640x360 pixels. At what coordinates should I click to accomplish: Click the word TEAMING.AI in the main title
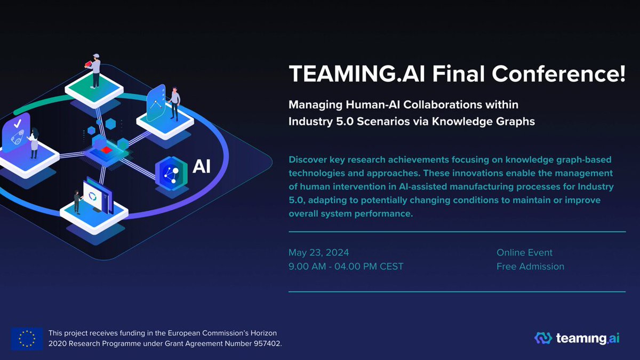349,74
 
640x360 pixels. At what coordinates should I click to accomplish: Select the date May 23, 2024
318,252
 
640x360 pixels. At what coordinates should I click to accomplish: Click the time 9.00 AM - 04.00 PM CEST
346,266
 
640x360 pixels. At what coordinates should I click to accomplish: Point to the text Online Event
524,252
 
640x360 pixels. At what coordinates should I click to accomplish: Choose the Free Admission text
530,266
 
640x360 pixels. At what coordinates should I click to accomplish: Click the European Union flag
27,338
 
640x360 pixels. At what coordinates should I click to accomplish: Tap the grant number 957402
263,343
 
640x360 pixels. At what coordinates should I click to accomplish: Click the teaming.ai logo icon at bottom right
543,338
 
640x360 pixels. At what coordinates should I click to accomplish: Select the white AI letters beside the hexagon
202,167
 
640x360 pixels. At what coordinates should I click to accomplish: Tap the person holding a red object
95,70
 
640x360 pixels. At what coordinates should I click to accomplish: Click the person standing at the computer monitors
78,201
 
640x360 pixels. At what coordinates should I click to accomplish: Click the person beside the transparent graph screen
174,103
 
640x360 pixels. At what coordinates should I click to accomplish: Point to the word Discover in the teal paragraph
308,159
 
